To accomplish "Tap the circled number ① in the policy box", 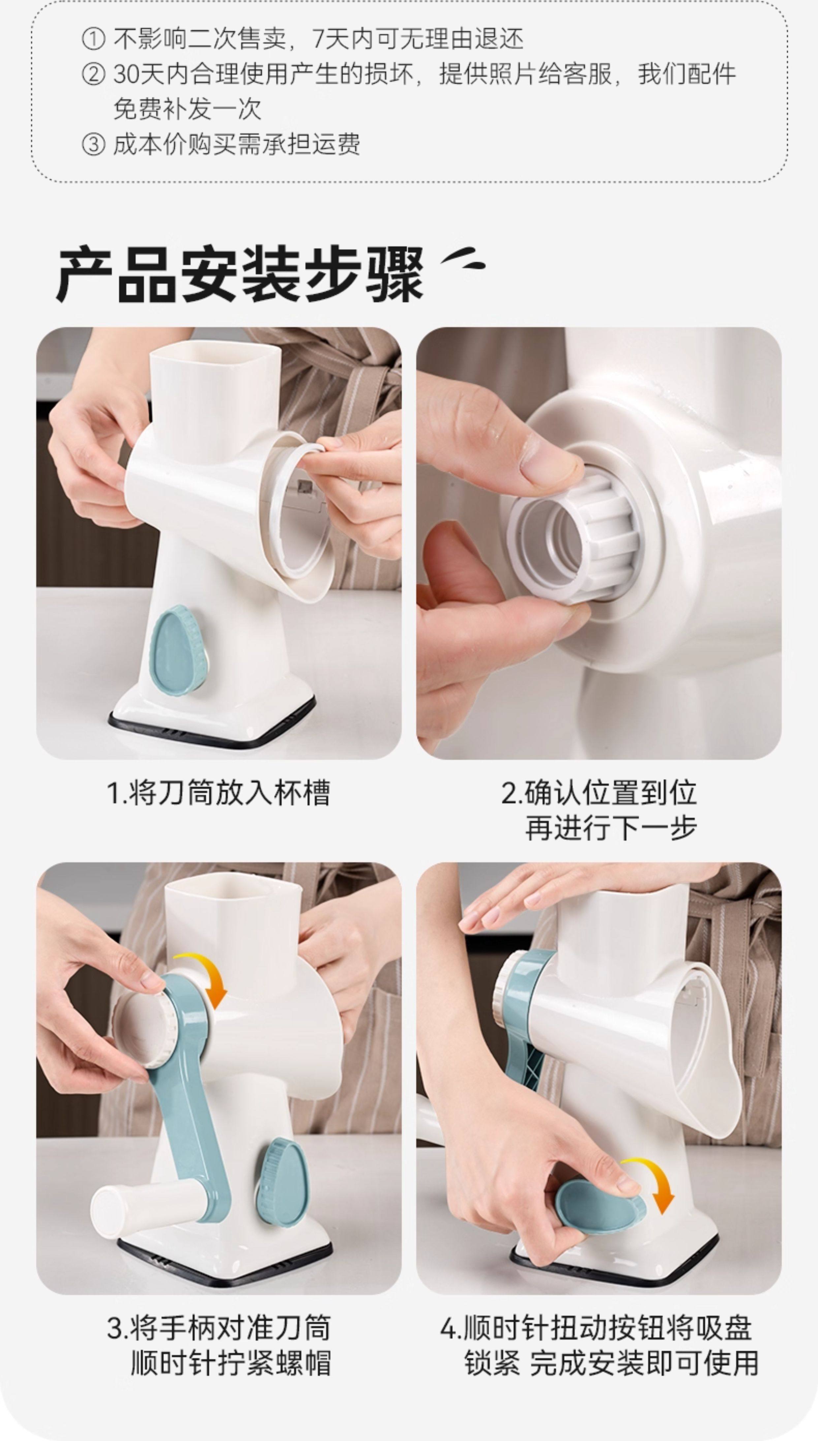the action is coord(93,39).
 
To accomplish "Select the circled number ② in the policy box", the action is coord(93,74).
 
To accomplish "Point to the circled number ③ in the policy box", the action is coord(93,144).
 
